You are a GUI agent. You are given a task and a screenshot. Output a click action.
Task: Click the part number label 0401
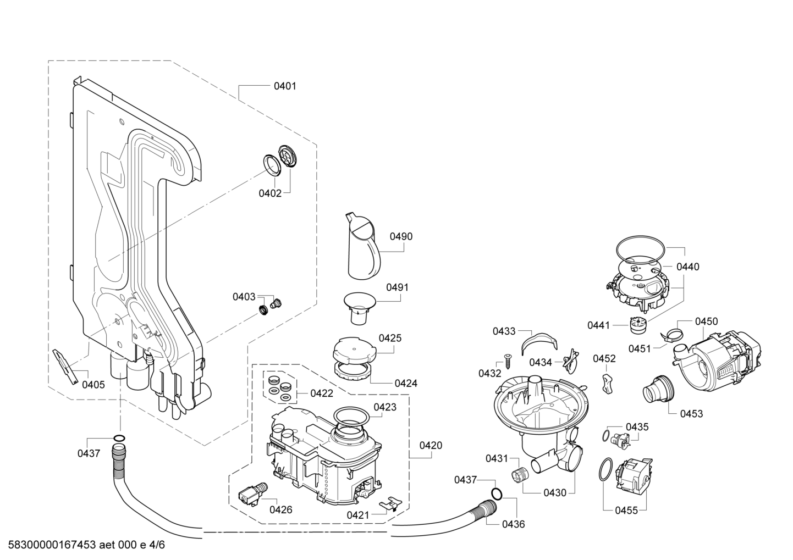[x=285, y=86]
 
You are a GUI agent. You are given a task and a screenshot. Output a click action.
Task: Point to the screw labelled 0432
[x=508, y=363]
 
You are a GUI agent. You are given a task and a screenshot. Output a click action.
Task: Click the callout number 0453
[x=691, y=413]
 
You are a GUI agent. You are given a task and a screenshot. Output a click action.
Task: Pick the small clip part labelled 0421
[x=391, y=503]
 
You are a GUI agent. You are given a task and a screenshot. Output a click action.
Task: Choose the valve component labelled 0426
[x=250, y=494]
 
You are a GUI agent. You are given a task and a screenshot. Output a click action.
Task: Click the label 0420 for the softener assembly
[x=431, y=445]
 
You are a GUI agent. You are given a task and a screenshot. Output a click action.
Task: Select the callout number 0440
[x=688, y=267]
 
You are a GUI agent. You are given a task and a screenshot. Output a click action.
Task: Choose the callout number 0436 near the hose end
[x=513, y=524]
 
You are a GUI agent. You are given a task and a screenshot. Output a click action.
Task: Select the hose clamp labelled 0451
[x=671, y=335]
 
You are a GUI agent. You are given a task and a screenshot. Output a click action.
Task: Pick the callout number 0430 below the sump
[x=555, y=493]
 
